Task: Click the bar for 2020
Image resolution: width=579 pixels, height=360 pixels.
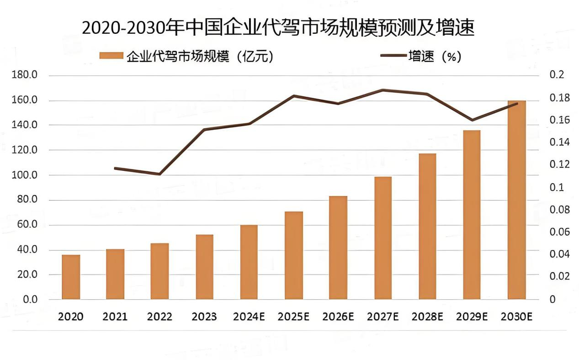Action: coord(71,277)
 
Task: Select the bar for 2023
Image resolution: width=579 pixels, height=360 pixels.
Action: coord(205,267)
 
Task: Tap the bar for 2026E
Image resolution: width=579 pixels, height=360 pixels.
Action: coord(339,248)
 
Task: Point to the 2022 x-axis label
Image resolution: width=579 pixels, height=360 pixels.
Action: coord(160,317)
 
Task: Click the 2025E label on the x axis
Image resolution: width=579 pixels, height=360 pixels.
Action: coord(294,317)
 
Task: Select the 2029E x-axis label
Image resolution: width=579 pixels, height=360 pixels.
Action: coord(472,317)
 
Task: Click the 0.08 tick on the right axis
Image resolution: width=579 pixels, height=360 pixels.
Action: coord(560,210)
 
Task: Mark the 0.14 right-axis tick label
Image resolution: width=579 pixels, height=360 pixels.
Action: coord(560,142)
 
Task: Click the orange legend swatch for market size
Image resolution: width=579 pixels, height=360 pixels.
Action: coord(111,56)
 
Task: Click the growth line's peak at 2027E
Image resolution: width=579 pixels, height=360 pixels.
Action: coord(383,90)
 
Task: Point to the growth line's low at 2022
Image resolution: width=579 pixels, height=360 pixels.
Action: coord(160,174)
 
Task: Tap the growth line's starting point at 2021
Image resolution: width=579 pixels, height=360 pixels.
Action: coord(115,168)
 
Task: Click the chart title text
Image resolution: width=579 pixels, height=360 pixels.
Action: coord(278,28)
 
